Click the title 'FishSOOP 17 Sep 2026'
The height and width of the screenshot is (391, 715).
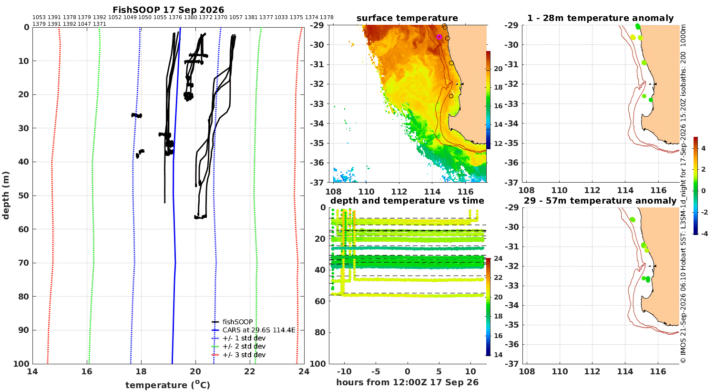point(168,10)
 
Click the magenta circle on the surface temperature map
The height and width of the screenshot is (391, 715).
point(439,37)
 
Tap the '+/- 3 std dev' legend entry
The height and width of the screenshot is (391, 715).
point(239,355)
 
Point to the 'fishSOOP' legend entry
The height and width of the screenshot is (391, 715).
point(233,322)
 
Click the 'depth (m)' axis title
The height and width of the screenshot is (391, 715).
point(6,195)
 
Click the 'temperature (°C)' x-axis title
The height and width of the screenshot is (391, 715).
point(168,385)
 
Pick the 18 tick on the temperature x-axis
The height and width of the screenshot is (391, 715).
point(141,371)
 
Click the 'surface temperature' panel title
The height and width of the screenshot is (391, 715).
point(407,18)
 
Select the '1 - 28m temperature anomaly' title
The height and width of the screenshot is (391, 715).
point(601,18)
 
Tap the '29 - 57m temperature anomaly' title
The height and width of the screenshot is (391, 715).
point(600,200)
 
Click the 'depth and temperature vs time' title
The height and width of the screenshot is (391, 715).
point(407,200)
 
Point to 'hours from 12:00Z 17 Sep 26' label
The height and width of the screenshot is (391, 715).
point(408,382)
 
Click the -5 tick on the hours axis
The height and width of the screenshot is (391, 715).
point(376,371)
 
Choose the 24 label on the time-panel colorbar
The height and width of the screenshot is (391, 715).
point(498,258)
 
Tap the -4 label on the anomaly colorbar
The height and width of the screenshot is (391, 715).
point(704,234)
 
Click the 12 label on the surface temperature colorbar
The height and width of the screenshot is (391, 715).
point(498,144)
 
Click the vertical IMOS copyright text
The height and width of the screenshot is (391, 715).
point(683,194)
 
